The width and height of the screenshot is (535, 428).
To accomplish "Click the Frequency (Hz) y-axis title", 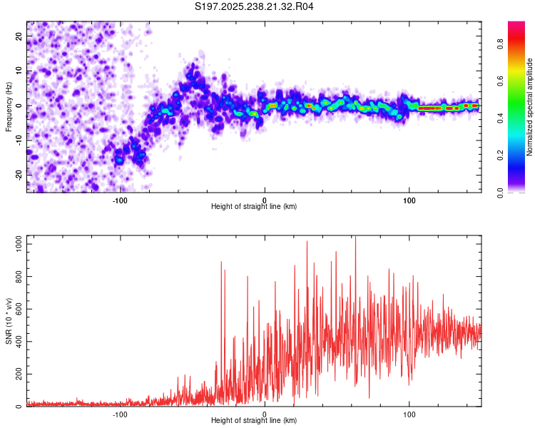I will (x=9, y=106).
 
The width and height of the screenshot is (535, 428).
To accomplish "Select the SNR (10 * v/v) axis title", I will (x=9, y=321).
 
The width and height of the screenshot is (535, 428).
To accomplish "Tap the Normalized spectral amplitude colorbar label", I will (x=529, y=107).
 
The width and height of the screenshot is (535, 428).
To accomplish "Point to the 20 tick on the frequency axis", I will (x=19, y=36).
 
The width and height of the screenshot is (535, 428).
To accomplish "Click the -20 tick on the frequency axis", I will (x=19, y=175).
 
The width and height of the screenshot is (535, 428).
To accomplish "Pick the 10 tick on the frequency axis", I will (x=19, y=71).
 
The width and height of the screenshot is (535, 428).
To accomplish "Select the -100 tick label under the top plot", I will (x=119, y=200).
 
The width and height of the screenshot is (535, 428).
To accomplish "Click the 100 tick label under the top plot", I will (x=409, y=200).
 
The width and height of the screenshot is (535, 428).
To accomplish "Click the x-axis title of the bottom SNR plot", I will (x=254, y=421).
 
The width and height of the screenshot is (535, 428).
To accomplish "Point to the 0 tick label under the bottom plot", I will (x=265, y=414).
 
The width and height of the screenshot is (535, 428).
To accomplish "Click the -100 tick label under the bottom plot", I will (x=119, y=414).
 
